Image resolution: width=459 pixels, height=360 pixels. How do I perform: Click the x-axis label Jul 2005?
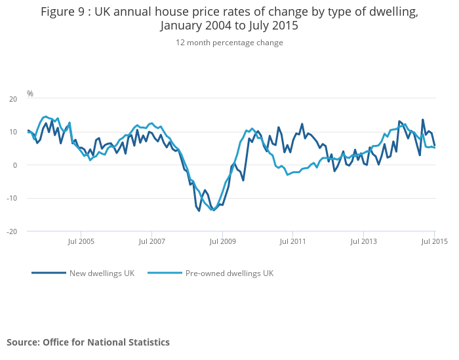81,241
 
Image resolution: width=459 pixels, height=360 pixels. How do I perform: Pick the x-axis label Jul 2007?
151,241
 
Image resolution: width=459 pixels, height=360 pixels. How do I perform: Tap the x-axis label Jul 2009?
222,241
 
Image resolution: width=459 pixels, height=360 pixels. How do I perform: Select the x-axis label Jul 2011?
293,241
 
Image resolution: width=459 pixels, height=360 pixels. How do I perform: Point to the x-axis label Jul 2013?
364,241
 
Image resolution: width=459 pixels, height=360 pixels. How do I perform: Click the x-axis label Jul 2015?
434,241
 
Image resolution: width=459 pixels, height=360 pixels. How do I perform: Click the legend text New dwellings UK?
102,273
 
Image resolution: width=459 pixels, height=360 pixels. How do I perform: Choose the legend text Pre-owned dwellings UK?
229,273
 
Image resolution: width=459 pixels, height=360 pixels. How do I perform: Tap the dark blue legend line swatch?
49,273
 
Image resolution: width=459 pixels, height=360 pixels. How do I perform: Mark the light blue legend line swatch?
165,273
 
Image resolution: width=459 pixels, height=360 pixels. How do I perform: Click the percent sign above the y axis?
30,94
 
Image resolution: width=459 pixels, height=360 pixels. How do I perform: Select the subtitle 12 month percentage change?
229,43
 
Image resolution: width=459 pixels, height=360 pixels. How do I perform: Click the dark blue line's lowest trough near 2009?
199,211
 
